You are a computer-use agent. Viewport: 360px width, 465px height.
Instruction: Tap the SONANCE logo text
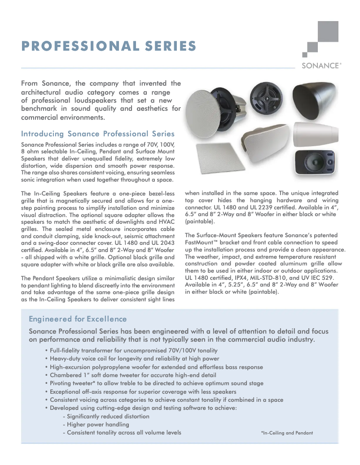pyautogui.click(x=321, y=65)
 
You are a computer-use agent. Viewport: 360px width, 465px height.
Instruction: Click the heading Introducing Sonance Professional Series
pyautogui.click(x=98, y=134)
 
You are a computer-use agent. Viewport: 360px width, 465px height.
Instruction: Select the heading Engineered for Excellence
pyautogui.click(x=78, y=319)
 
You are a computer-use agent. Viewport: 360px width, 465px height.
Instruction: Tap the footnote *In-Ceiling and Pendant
pyautogui.click(x=286, y=433)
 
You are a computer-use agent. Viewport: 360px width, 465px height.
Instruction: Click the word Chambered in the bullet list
pyautogui.click(x=65, y=375)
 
